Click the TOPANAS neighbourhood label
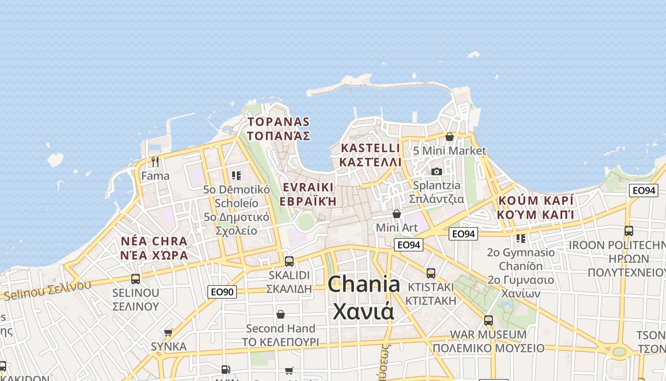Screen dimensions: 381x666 (x=278, y=129)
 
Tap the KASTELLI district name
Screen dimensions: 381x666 (x=371, y=155)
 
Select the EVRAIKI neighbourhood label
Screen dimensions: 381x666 (x=308, y=194)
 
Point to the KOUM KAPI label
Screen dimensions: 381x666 (x=535, y=207)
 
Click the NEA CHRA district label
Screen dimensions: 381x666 (x=154, y=248)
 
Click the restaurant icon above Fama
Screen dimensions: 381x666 (x=155, y=161)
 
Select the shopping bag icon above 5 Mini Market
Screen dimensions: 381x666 (x=450, y=137)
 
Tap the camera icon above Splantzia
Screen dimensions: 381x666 (x=436, y=171)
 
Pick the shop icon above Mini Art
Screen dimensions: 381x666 (x=397, y=214)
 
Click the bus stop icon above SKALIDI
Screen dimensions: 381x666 (x=289, y=261)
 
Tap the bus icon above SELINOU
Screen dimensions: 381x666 (x=136, y=279)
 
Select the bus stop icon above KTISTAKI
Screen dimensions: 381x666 (x=431, y=273)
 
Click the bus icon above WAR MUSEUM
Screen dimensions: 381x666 (x=489, y=320)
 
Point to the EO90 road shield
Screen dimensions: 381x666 (x=222, y=291)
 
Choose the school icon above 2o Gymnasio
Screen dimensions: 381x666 (x=521, y=238)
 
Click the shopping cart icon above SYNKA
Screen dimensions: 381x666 (x=168, y=332)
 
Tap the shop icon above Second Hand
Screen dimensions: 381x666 (x=281, y=314)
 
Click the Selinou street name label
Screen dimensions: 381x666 (x=48, y=290)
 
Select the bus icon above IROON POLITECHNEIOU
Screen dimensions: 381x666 (x=629, y=231)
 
